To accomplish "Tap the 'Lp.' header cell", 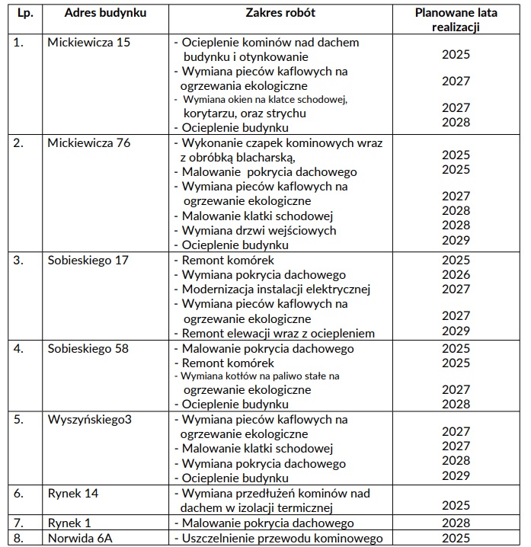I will (24, 14).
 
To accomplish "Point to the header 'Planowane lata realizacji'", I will (455, 21).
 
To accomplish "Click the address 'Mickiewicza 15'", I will (88, 43).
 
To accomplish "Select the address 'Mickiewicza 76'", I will (88, 143).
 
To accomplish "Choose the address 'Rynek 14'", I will (72, 494).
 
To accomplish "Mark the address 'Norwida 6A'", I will (79, 538).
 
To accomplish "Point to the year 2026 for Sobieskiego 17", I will (456, 275).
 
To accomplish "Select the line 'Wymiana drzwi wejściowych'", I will (258, 231).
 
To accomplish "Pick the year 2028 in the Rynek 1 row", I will (456, 523).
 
